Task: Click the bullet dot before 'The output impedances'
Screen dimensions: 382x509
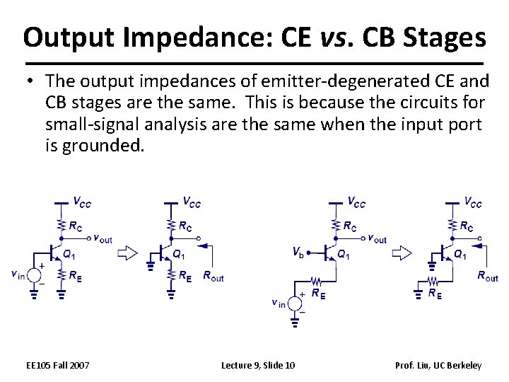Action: [33, 83]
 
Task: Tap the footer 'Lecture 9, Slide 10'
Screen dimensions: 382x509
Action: [258, 365]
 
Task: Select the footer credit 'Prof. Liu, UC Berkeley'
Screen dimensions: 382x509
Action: [438, 365]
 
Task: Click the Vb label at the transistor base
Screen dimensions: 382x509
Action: [299, 251]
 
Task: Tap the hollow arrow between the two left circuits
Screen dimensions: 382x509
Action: [128, 252]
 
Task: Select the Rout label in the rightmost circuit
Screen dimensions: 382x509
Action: [487, 277]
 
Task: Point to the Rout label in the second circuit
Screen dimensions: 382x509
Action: [213, 277]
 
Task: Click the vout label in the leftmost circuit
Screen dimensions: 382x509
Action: [103, 239]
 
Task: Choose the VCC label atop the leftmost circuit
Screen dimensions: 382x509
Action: [82, 203]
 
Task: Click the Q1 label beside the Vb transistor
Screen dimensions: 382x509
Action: [343, 254]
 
